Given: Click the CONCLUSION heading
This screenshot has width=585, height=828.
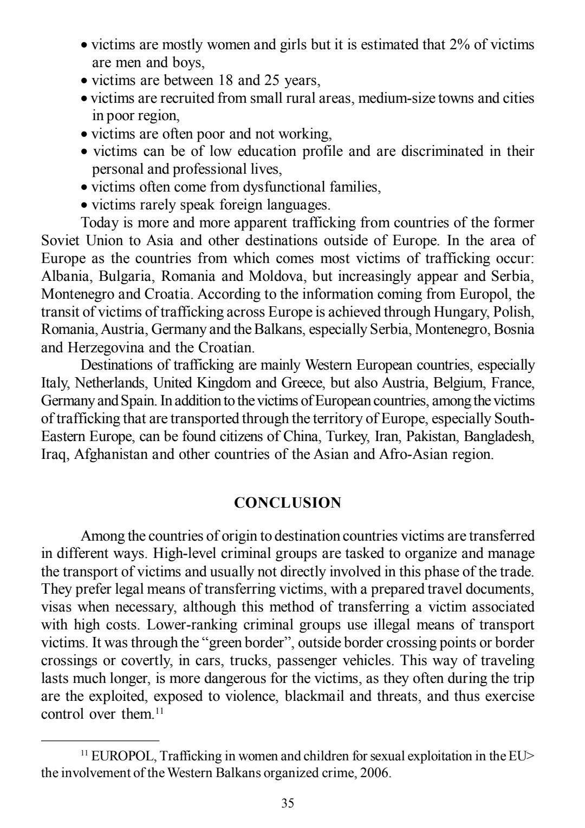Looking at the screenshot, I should coord(288,503).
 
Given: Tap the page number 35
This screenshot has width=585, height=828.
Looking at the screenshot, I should coord(288,803).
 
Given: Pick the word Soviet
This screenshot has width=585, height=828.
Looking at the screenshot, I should coord(61,241).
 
